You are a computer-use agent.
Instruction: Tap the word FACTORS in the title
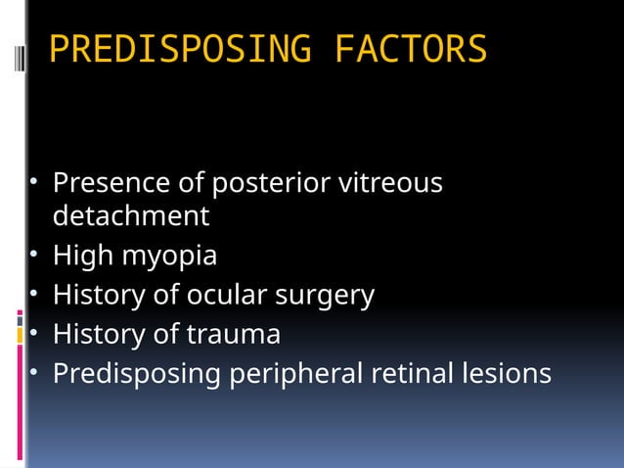410,49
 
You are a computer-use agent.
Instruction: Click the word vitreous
389,183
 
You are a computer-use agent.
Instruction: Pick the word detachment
130,215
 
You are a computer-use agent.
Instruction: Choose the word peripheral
296,375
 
